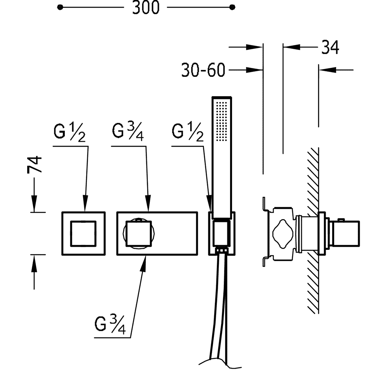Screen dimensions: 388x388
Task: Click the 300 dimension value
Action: [146, 7]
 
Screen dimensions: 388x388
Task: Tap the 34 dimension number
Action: [330, 47]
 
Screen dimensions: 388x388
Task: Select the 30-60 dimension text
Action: [203, 70]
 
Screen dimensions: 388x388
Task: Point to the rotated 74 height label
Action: [35, 164]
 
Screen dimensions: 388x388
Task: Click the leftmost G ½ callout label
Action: [69, 133]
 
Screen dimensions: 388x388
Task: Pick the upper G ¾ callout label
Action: [128, 132]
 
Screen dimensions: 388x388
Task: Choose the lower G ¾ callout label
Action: [110, 324]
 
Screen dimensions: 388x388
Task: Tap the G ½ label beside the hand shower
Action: [187, 133]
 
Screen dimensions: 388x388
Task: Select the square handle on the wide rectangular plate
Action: [139, 234]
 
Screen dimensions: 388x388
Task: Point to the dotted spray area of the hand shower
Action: [222, 121]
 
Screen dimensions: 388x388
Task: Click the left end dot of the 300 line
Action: [60, 7]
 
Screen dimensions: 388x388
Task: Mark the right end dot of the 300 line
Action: [232, 7]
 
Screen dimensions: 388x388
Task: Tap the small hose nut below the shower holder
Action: [222, 250]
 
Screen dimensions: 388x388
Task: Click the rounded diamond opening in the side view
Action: [282, 233]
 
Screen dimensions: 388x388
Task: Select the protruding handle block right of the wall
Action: [344, 234]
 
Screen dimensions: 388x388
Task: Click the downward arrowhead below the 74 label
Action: [34, 203]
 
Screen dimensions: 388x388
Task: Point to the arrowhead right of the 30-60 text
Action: [254, 70]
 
